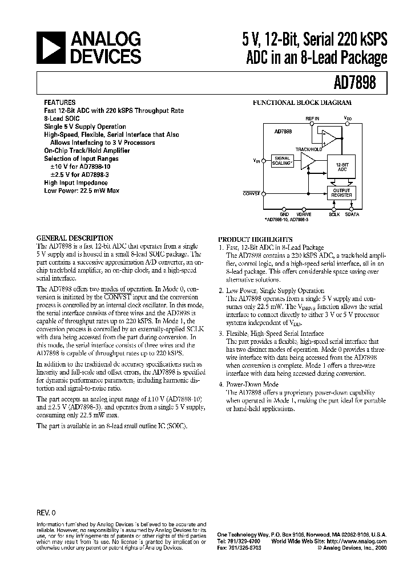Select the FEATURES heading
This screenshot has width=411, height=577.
click(59, 103)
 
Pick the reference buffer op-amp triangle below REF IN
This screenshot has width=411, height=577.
click(329, 135)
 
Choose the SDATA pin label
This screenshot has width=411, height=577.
click(352, 215)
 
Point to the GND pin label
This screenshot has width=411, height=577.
click(284, 215)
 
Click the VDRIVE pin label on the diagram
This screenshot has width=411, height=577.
click(304, 215)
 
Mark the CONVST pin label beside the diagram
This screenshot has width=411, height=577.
click(252, 193)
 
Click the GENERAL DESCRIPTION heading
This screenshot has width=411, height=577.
click(75, 238)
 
